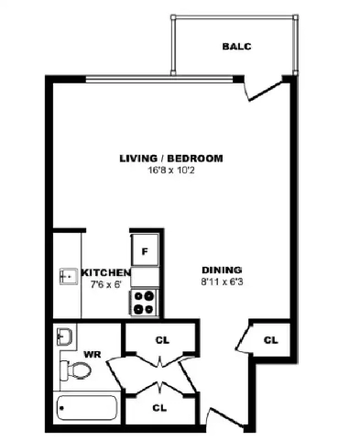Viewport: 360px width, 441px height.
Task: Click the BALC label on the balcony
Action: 235,46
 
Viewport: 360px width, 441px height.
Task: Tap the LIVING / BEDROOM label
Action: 171,159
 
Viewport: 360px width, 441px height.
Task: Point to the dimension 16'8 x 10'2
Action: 171,170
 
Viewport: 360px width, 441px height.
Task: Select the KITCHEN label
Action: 105,273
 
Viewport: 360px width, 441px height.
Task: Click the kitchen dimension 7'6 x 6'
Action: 105,284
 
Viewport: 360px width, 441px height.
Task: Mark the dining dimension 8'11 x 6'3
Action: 221,281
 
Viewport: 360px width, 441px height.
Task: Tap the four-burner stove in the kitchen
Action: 145,301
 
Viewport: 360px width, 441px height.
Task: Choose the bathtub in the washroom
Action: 87,407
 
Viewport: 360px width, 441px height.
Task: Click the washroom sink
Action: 63,336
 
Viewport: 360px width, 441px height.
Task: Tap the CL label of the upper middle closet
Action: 162,340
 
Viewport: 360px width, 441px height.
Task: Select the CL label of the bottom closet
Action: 159,407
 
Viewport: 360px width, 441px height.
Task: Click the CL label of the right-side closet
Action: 270,340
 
